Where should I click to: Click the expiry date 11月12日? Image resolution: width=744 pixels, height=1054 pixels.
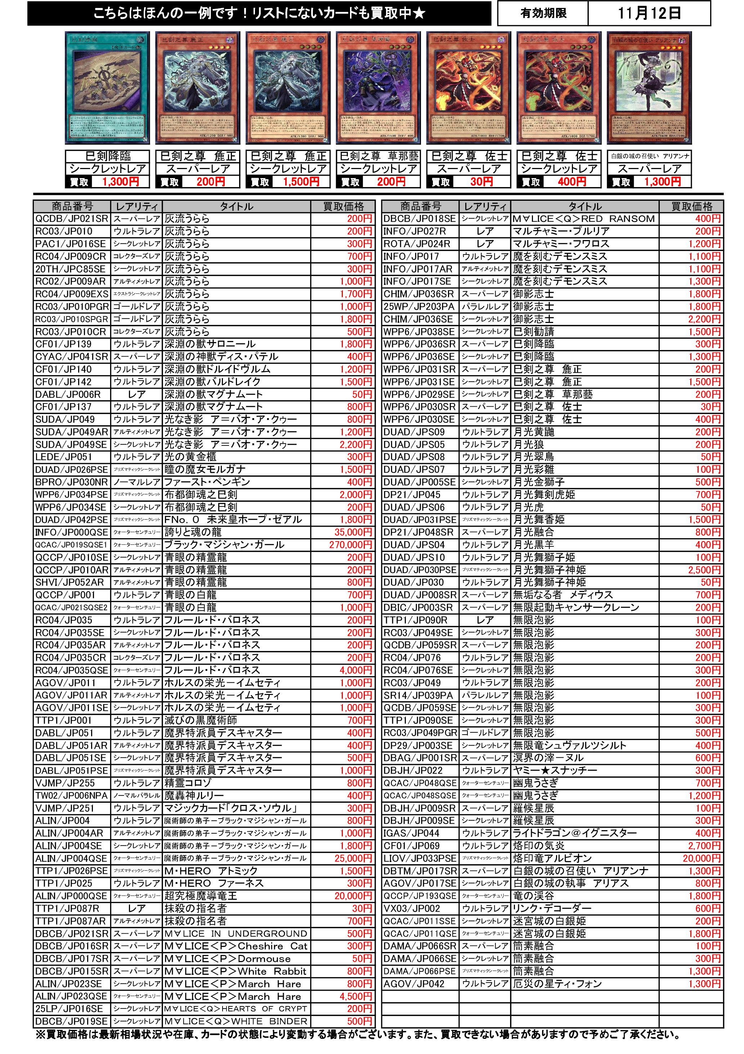[x=649, y=13]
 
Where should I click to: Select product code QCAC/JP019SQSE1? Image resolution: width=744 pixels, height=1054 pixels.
[x=71, y=545]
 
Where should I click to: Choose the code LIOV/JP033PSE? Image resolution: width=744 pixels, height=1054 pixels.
[x=420, y=858]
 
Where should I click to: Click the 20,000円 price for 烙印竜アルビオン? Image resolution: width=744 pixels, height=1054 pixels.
[x=702, y=858]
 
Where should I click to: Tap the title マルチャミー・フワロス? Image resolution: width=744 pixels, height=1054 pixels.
[x=561, y=244]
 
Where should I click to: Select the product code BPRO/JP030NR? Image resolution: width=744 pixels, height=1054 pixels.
[x=71, y=482]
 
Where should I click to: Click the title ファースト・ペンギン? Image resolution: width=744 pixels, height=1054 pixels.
[x=207, y=482]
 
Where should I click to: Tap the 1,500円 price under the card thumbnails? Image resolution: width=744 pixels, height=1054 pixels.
[x=301, y=182]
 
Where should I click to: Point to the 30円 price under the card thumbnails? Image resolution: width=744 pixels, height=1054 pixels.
[x=481, y=182]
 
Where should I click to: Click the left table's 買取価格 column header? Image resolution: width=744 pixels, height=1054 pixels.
[x=343, y=207]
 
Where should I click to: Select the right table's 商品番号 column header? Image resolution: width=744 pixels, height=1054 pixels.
[x=421, y=207]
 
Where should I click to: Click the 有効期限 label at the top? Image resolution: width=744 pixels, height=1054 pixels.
[x=543, y=13]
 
